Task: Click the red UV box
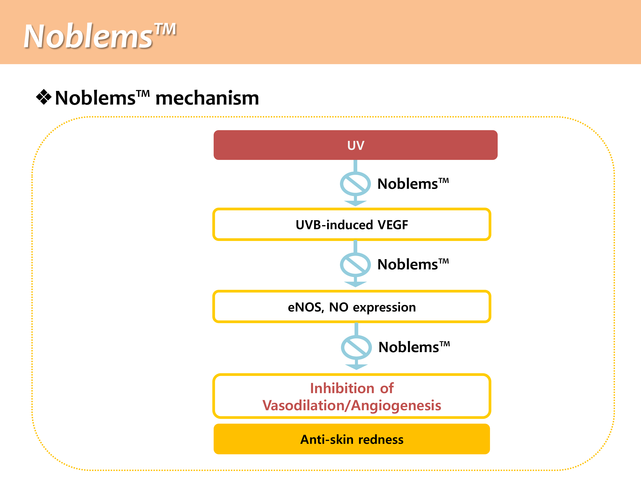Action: [355, 145]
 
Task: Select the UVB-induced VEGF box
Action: [351, 224]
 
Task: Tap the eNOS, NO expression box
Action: [351, 307]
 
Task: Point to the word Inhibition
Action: [342, 388]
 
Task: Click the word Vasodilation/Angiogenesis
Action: [351, 405]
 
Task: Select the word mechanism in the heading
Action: [207, 98]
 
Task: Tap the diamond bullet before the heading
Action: [44, 97]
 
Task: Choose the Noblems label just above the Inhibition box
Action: [414, 347]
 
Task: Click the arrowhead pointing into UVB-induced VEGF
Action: [355, 203]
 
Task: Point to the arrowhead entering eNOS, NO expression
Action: [355, 284]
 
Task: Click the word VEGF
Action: [393, 225]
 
